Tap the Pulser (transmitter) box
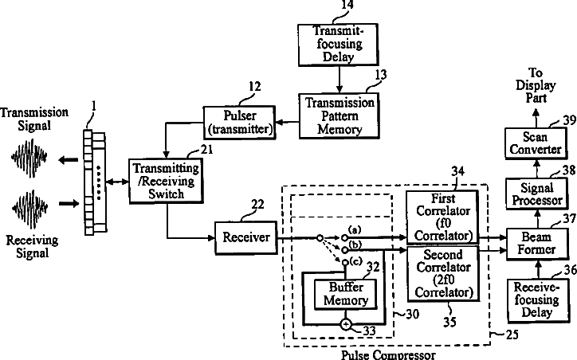[239, 119]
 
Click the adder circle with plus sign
[346, 324]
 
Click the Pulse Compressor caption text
[388, 354]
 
